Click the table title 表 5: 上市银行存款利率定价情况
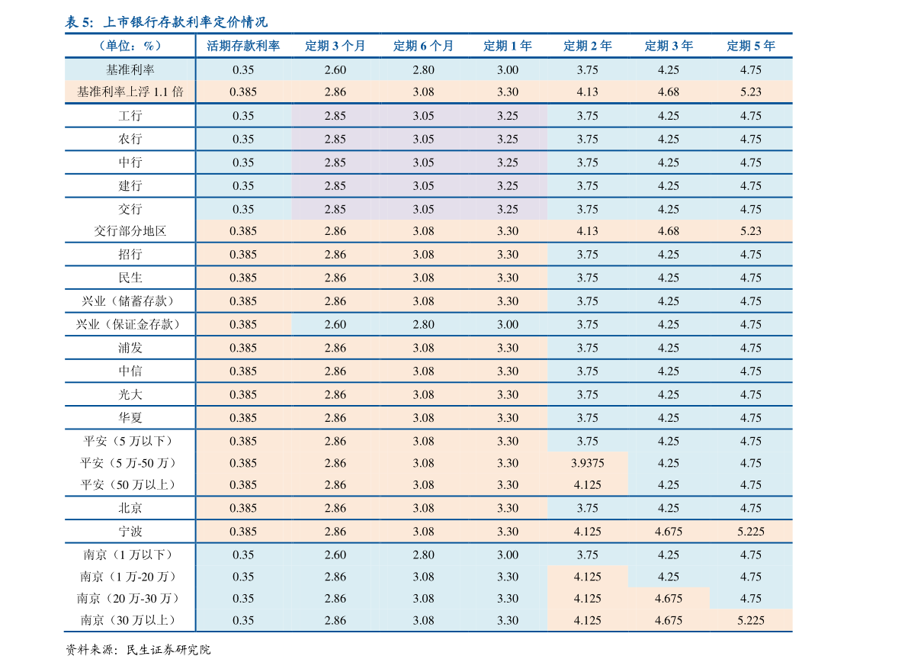[166, 22]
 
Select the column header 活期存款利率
[243, 46]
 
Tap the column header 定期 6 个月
[423, 46]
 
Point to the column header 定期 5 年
[751, 46]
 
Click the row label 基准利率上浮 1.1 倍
[130, 92]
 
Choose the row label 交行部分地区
[130, 231]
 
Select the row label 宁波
[130, 531]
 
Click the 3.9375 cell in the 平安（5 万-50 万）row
[587, 463]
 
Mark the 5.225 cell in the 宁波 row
[751, 531]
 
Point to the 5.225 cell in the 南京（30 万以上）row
[751, 620]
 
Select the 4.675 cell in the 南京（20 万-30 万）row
[669, 599]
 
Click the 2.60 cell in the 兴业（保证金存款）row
[335, 324]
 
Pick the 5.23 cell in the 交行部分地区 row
[751, 231]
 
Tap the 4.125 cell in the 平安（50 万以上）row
[587, 485]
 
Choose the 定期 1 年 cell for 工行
[508, 116]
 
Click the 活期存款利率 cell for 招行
[243, 254]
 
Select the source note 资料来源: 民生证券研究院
[138, 650]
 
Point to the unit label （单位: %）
[130, 46]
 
